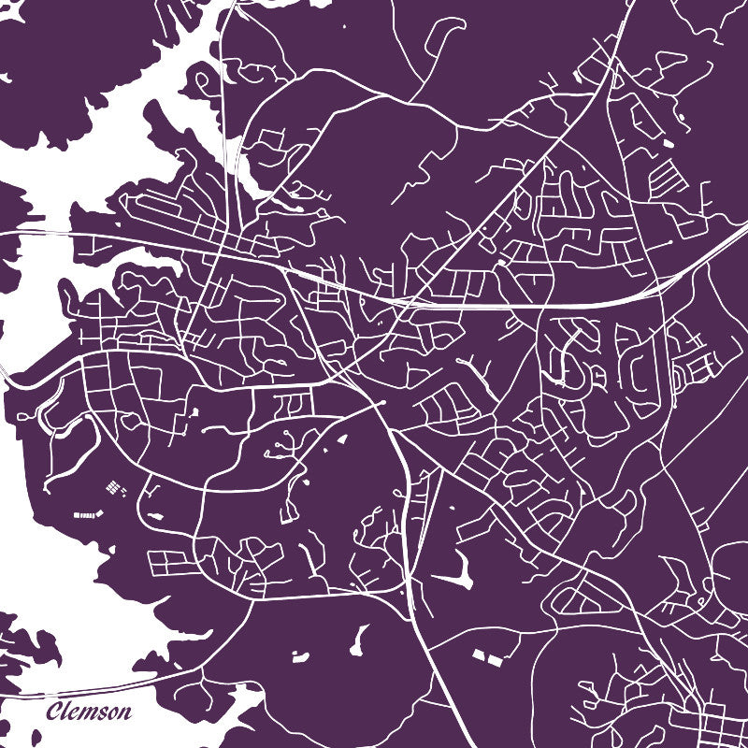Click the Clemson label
pyautogui.click(x=90, y=712)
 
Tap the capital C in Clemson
pyautogui.click(x=54, y=712)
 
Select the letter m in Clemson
pyautogui.click(x=88, y=714)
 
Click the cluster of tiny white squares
pyautogui.click(x=113, y=488)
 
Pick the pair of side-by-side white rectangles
pyautogui.click(x=487, y=657)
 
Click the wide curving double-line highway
pyautogui.click(x=561, y=304)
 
